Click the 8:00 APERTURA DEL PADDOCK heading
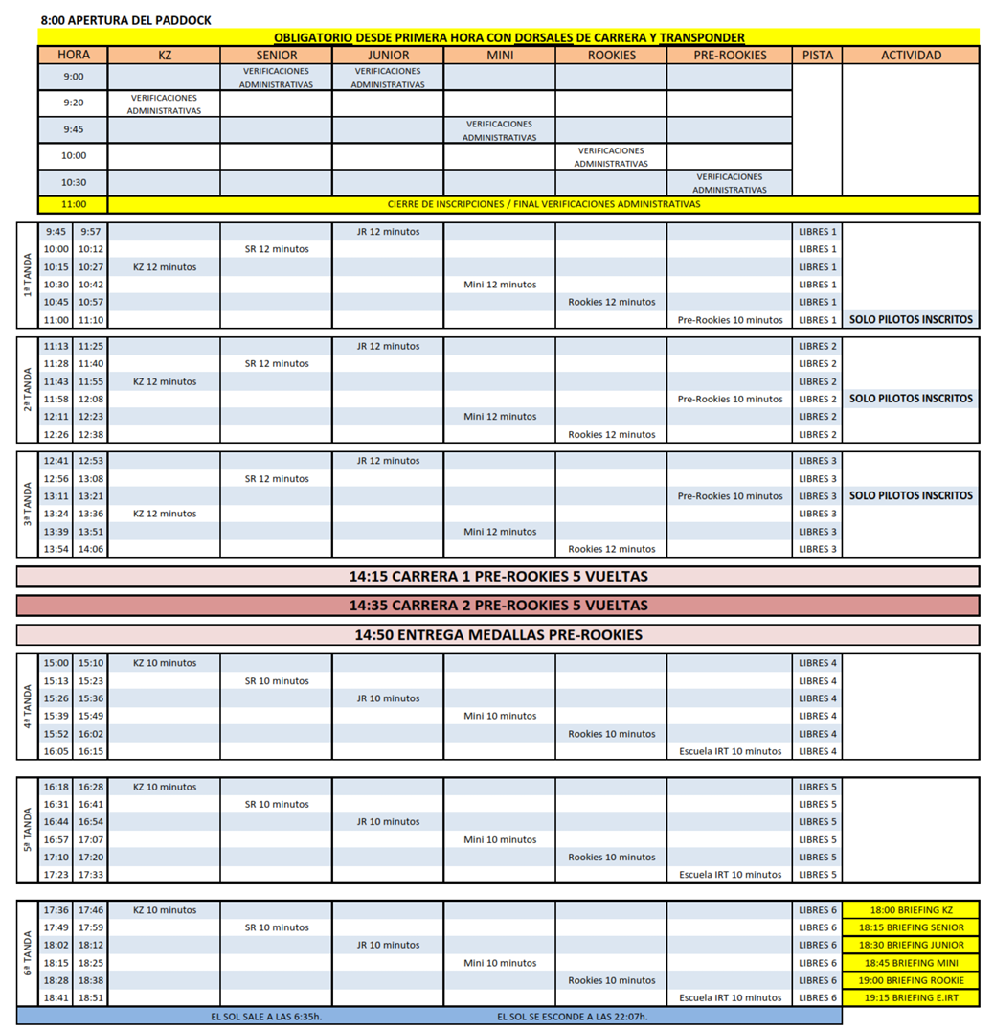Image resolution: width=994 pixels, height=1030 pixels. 126,20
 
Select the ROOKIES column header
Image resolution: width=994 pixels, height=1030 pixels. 611,56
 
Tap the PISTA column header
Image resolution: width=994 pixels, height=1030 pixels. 817,56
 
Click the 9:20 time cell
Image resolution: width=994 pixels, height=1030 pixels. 73,103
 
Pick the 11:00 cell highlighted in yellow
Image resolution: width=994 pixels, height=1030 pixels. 73,204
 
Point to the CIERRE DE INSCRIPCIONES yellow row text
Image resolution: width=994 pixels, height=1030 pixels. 543,204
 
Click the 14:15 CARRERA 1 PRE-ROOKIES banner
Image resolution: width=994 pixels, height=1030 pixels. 498,577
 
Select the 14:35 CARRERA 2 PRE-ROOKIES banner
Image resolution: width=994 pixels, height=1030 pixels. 498,606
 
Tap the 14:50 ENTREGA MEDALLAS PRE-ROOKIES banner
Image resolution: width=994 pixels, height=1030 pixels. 498,635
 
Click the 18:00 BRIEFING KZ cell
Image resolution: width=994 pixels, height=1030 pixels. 911,910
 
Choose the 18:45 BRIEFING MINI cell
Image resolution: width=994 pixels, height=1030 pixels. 911,963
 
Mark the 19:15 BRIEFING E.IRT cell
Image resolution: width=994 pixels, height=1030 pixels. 911,997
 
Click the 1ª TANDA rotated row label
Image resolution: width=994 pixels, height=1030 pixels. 28,275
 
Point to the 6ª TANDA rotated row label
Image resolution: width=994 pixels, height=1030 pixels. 28,954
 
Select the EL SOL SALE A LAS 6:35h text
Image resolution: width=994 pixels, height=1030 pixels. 266,1017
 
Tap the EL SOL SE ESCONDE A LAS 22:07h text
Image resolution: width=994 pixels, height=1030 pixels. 572,1017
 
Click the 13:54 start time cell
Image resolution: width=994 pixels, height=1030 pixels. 56,549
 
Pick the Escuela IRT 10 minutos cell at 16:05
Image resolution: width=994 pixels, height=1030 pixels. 730,751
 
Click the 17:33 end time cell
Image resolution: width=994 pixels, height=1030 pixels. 91,875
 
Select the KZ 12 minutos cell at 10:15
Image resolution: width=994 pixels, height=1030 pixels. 165,267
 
